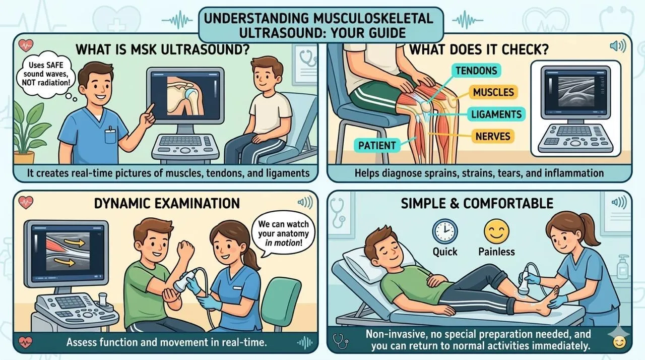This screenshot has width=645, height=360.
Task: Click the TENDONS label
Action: click(476, 71)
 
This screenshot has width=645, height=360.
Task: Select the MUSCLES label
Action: click(493, 92)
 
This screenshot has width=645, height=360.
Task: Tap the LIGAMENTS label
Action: click(496, 114)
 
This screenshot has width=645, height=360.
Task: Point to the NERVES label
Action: click(493, 136)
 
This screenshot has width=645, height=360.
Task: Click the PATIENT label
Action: click(376, 145)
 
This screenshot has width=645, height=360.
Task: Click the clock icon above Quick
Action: click(444, 231)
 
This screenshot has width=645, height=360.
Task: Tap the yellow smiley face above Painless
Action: click(496, 231)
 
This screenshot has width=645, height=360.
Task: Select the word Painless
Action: click(496, 252)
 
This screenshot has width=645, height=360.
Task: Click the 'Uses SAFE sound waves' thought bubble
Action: click(46, 74)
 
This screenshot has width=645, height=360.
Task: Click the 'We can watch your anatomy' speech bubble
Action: click(283, 233)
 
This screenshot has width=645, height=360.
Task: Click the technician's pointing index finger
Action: click(150, 109)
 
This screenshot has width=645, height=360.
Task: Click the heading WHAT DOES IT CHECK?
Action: click(479, 49)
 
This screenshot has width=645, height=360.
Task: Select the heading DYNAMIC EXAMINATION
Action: click(167, 203)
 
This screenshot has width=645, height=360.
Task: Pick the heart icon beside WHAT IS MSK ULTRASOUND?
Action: click(26, 45)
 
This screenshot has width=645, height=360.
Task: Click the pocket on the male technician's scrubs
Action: click(110, 135)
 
